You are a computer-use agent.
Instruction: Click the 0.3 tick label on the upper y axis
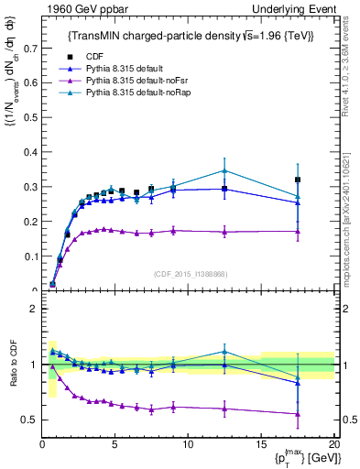[x=31, y=186]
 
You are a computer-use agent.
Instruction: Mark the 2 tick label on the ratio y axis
[x=34, y=309]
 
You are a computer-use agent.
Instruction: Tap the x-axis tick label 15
[x=261, y=444]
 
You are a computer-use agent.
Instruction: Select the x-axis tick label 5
[x=115, y=444]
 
